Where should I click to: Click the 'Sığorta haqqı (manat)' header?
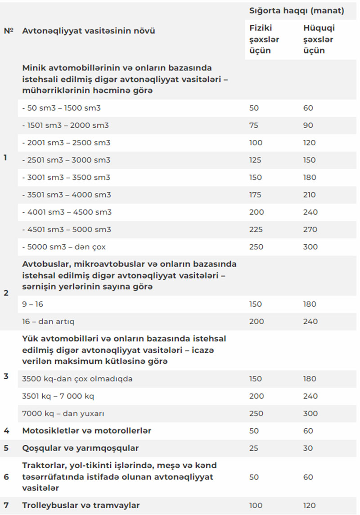297,11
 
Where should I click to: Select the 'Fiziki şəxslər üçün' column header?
264,39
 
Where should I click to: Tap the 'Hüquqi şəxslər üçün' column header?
319,39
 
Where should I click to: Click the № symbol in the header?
9,31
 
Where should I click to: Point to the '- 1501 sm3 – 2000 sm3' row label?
66,125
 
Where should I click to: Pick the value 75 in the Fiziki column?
254,125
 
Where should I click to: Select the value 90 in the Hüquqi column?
308,125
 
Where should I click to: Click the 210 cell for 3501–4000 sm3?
310,195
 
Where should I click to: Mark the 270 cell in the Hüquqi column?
310,229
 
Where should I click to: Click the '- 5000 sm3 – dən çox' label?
64,247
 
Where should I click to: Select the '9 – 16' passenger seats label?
33,304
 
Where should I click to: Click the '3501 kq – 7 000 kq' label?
58,396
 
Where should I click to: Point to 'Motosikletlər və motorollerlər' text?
87,431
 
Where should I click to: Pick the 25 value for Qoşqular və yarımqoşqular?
254,448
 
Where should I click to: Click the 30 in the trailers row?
308,448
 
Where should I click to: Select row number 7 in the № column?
6,505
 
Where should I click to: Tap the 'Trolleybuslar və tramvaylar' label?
81,505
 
